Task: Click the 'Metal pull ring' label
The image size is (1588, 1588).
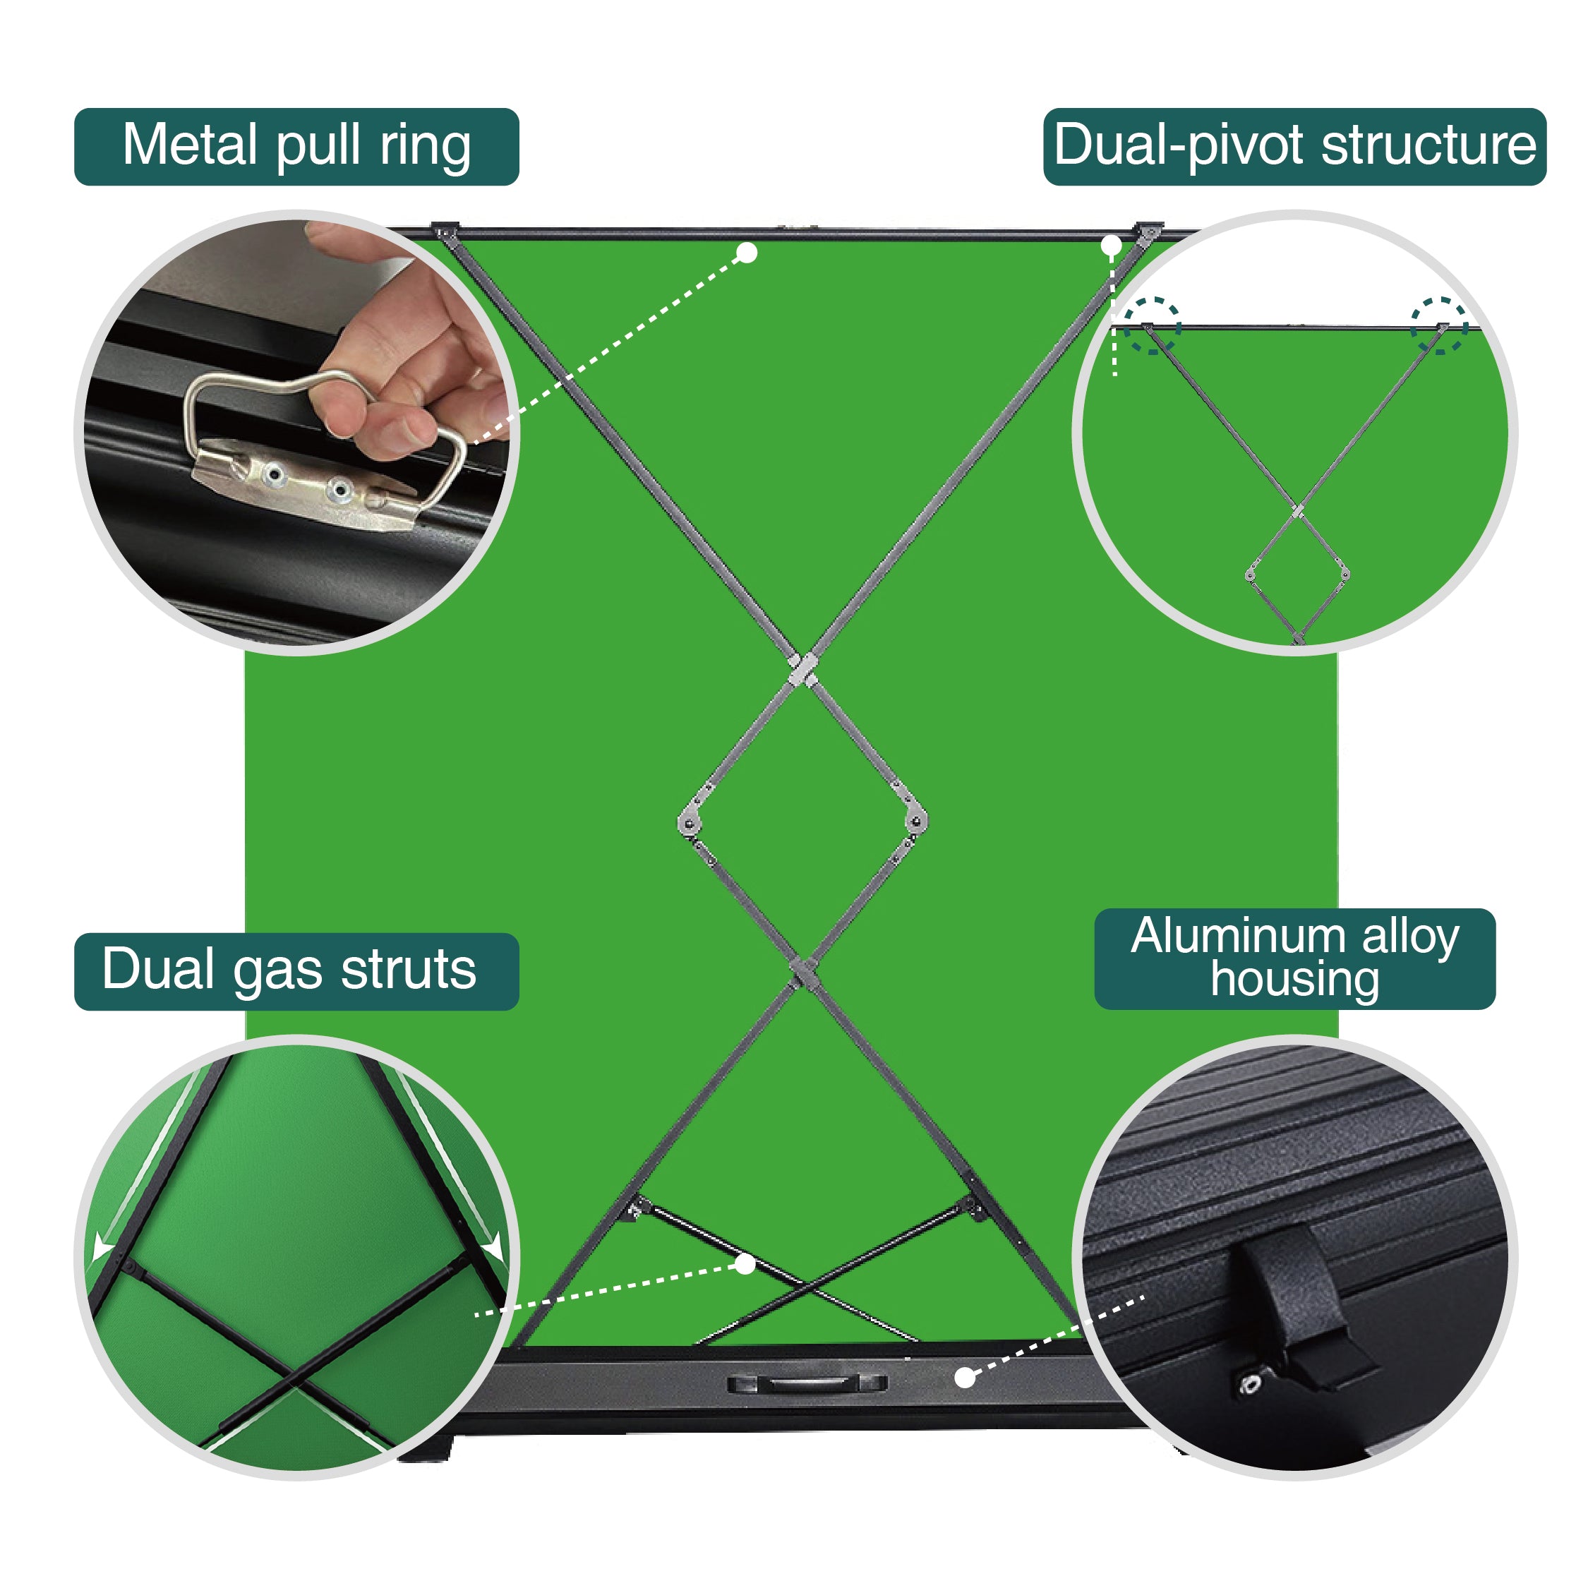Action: pyautogui.click(x=296, y=146)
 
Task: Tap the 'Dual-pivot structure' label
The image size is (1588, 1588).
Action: pyautogui.click(x=1294, y=146)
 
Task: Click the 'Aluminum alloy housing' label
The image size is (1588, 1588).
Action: pyautogui.click(x=1294, y=958)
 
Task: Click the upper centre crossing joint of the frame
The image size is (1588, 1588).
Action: pyautogui.click(x=801, y=669)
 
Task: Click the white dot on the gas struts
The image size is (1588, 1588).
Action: pyautogui.click(x=745, y=1264)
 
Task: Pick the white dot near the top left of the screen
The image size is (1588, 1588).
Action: pyautogui.click(x=746, y=253)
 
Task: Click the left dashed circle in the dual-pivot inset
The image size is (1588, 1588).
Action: pyautogui.click(x=1152, y=326)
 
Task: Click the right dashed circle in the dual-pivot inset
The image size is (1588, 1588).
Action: pyautogui.click(x=1439, y=326)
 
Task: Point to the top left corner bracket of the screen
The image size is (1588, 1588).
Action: pyautogui.click(x=445, y=231)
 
